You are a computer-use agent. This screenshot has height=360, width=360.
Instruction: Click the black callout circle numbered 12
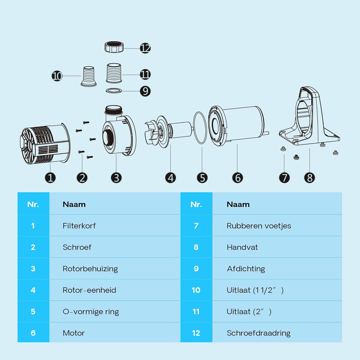click(x=145, y=48)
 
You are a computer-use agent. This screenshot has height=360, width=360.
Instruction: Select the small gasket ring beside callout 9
click(x=114, y=91)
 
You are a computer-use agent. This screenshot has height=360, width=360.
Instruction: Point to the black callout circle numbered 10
click(x=57, y=76)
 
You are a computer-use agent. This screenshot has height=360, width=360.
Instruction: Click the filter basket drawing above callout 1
click(x=45, y=143)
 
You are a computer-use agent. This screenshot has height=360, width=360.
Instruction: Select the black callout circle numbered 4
click(x=171, y=178)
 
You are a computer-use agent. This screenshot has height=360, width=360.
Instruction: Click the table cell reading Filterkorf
click(x=79, y=226)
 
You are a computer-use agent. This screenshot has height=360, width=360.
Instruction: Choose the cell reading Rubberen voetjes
click(x=259, y=226)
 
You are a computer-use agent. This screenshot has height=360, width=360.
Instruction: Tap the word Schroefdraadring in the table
click(x=259, y=333)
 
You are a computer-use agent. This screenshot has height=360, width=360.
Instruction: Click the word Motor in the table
click(x=73, y=333)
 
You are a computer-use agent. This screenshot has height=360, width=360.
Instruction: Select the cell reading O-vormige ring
click(x=91, y=312)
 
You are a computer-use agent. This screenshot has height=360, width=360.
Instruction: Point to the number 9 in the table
click(x=196, y=268)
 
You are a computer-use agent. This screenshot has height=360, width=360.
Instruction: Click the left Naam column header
click(x=74, y=204)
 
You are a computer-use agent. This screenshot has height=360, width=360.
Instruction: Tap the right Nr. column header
click(x=196, y=204)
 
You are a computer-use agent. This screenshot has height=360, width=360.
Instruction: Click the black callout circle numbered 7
click(x=284, y=178)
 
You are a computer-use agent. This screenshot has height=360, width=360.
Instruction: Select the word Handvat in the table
click(x=242, y=247)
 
